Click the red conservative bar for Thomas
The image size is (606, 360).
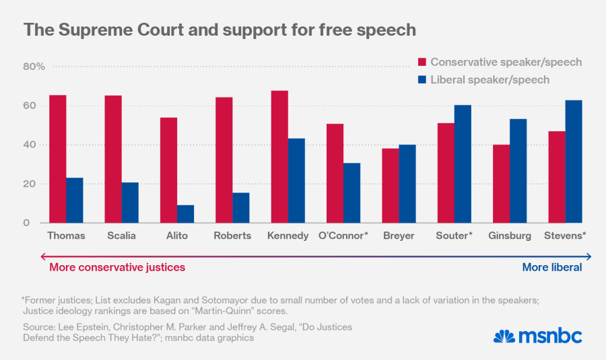58,159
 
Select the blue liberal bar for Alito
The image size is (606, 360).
186,214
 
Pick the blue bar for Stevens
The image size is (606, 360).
574,161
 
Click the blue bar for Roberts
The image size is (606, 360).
241,208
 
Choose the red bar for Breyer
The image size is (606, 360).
390,186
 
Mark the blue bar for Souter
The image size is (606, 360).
463,164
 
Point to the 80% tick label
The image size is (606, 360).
34,67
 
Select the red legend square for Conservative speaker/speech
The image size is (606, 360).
422,63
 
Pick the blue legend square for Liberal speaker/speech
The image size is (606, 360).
422,80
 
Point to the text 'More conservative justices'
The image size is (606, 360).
117,267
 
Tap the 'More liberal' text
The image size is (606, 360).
552,267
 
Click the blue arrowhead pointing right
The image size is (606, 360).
588,256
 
